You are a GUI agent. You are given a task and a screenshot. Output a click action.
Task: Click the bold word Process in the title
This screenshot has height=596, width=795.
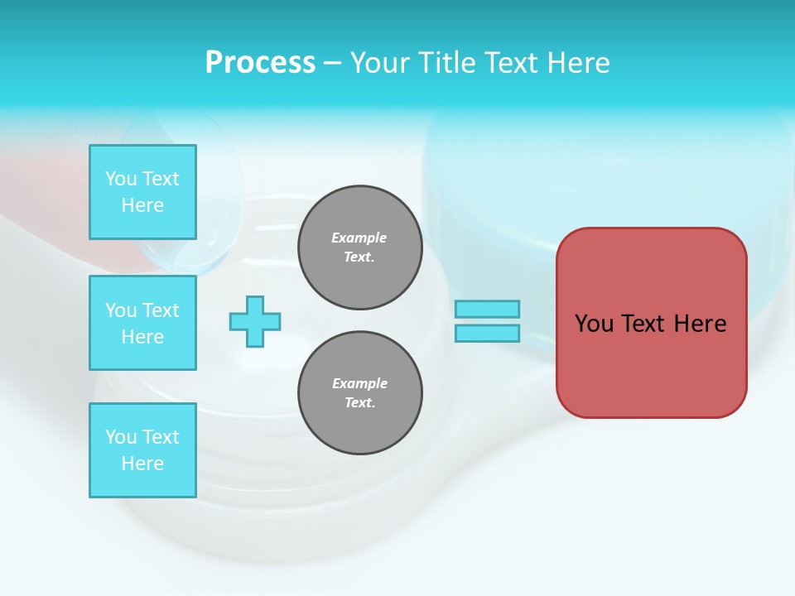pyautogui.click(x=260, y=63)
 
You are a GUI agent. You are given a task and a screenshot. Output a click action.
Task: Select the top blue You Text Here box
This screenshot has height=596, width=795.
pyautogui.click(x=142, y=192)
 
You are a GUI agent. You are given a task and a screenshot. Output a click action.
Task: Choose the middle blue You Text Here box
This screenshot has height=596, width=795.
pyautogui.click(x=142, y=323)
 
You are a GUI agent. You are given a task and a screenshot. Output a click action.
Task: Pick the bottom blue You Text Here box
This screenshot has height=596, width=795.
pyautogui.click(x=142, y=450)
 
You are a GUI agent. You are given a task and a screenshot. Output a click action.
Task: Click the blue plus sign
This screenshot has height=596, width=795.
pyautogui.click(x=255, y=321)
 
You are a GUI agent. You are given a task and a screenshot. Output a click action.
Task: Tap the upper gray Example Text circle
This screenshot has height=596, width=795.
pyautogui.click(x=360, y=248)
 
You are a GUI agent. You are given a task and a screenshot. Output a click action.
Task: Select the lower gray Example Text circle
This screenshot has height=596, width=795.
pyautogui.click(x=360, y=393)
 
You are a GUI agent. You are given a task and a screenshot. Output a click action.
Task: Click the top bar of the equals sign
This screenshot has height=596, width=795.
pyautogui.click(x=487, y=309)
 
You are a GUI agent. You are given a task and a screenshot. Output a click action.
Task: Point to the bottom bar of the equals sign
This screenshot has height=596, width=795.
pyautogui.click(x=487, y=334)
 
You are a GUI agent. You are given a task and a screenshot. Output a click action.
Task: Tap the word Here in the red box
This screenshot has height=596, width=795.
pyautogui.click(x=700, y=324)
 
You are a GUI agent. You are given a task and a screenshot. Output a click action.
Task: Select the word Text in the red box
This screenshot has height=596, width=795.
pyautogui.click(x=643, y=324)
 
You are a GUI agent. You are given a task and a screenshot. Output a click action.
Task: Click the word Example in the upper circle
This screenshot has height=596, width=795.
pyautogui.click(x=359, y=238)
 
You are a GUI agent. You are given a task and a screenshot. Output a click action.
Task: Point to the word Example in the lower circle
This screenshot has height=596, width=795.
pyautogui.click(x=359, y=383)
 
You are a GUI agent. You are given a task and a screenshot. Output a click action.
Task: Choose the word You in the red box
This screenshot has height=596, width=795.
pyautogui.click(x=595, y=324)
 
